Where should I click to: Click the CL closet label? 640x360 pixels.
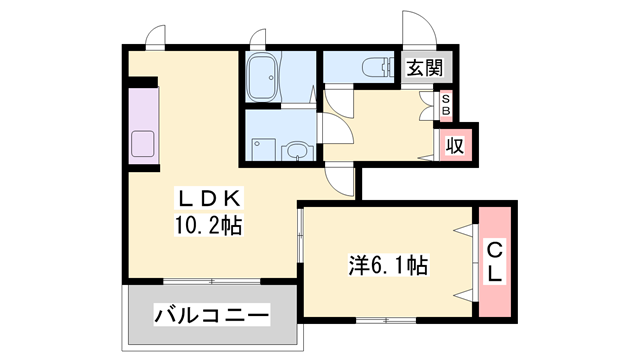(x=495, y=260)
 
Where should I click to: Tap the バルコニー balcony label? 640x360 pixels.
(x=212, y=317)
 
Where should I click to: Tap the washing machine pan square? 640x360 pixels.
(x=263, y=145)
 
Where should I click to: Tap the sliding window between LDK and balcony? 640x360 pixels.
(x=210, y=280)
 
